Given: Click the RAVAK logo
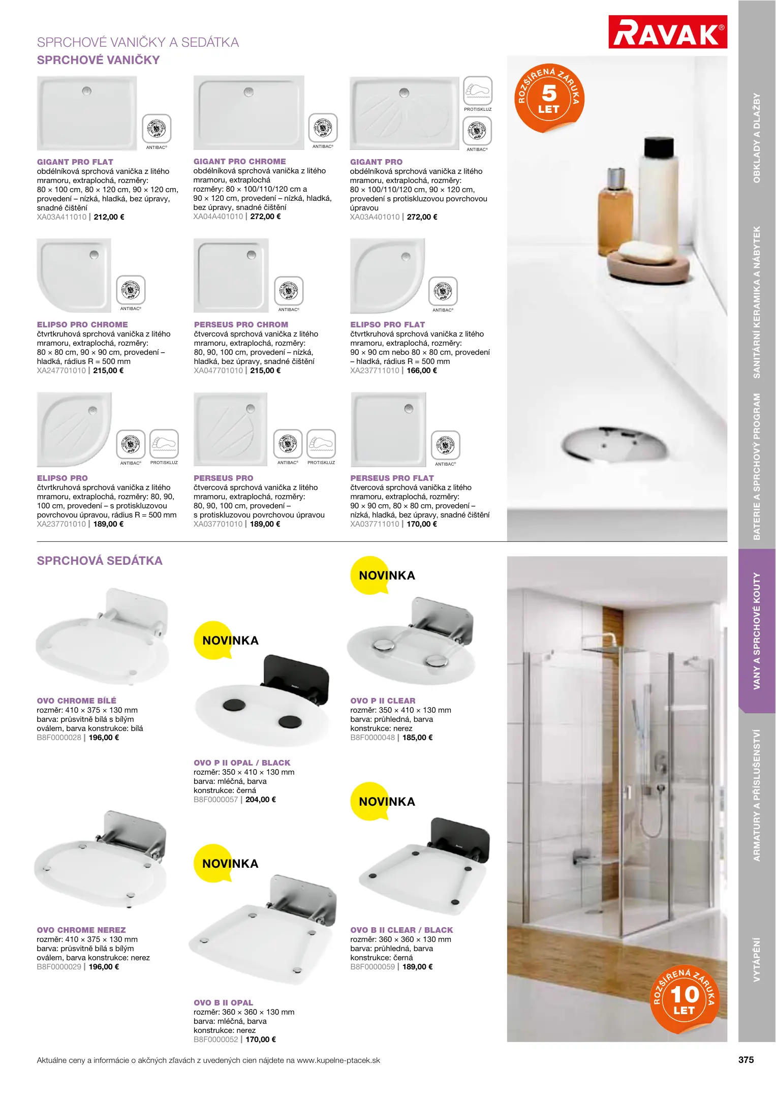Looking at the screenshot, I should click(667, 32).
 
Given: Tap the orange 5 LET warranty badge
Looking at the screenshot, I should click(549, 99).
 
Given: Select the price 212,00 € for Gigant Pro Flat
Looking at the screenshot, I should click(109, 217).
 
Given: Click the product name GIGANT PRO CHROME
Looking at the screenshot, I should click(239, 161).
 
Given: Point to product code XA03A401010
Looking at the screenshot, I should click(375, 217).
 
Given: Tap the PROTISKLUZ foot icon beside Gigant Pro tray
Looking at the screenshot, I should click(478, 90).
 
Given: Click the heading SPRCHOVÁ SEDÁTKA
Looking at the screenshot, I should click(100, 561).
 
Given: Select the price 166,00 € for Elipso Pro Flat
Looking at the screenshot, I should click(422, 371).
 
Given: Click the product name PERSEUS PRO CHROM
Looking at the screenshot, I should click(241, 324).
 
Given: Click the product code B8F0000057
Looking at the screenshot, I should click(215, 800).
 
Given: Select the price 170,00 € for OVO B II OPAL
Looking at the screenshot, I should click(261, 1040).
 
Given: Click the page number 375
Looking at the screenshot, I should click(746, 1060).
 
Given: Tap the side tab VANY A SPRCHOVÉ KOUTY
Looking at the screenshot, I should click(757, 631).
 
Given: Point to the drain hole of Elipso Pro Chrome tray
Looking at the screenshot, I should click(94, 255).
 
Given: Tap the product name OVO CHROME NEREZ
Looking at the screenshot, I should click(81, 930).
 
